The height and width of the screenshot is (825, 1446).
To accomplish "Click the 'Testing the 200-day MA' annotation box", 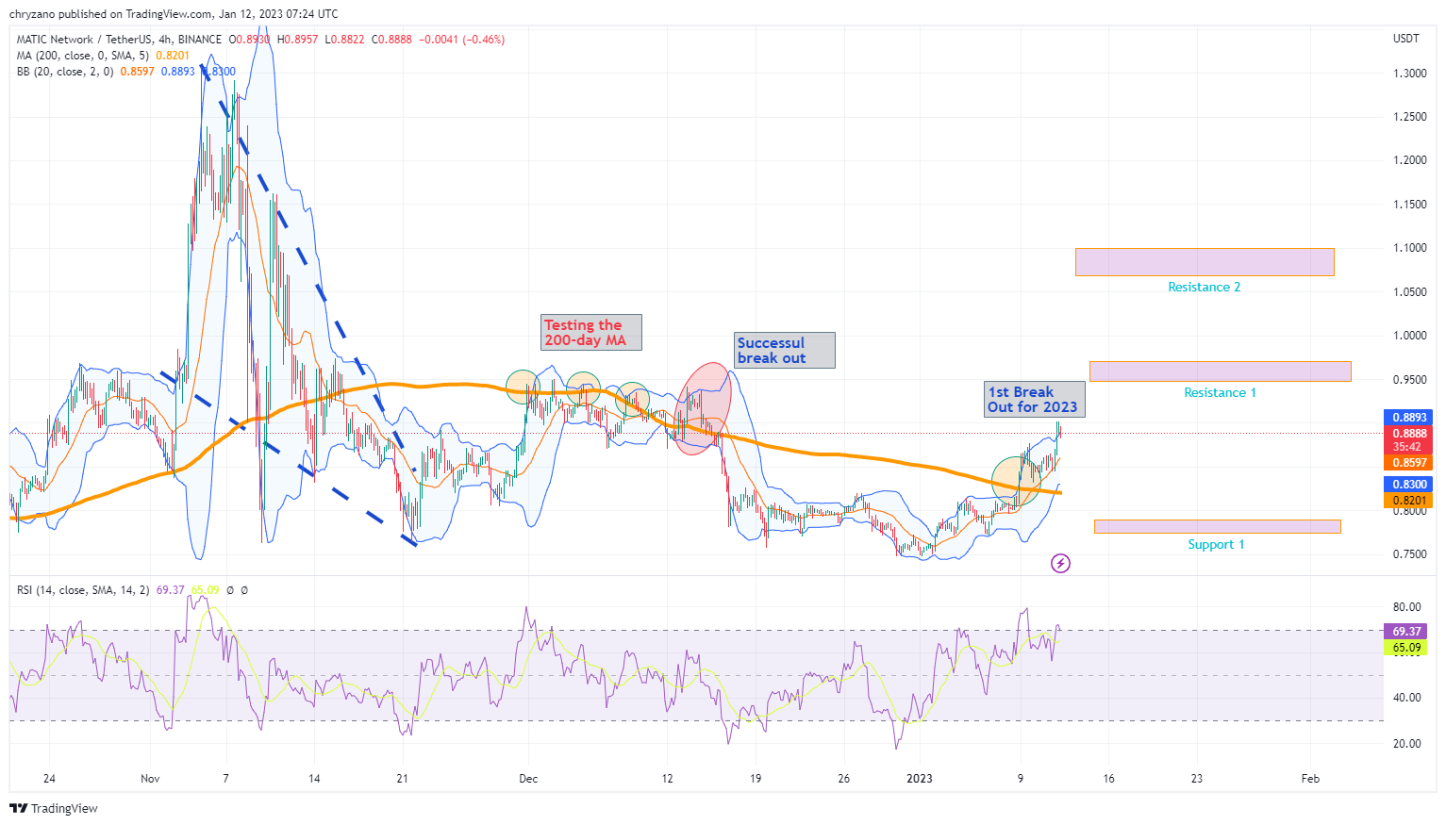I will [591, 332].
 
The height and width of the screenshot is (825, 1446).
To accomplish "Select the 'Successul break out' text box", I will [785, 350].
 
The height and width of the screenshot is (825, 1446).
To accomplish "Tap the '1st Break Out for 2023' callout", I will [1035, 399].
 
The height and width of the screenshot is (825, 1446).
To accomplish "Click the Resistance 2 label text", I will [1204, 287].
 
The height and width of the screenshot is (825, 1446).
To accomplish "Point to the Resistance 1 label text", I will [1220, 392].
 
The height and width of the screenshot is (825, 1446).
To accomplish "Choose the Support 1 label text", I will [1216, 544].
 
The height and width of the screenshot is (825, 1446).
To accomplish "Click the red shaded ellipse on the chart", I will [703, 409].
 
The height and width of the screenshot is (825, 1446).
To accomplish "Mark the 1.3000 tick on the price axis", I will [1409, 73].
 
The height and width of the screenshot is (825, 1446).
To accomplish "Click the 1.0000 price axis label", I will [1409, 336].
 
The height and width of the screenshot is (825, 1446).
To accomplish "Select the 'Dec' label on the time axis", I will [528, 778].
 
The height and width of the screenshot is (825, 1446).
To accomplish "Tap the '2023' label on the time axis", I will [919, 778].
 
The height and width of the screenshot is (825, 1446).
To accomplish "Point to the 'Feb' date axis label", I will [1310, 778].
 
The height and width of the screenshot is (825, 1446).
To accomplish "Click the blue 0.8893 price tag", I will [1409, 417].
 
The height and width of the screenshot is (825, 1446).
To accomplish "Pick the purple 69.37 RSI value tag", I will [1406, 631].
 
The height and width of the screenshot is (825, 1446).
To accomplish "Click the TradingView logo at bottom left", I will [54, 808].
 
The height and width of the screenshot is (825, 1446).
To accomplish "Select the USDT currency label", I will [1406, 39].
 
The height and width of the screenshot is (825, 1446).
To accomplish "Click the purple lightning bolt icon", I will [1061, 564].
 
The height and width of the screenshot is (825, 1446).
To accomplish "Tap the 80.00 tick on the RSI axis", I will [1406, 607].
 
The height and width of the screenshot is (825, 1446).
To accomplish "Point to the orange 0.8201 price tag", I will [1409, 501].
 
